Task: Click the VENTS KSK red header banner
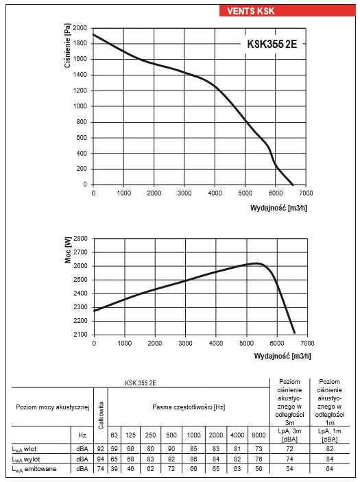287,11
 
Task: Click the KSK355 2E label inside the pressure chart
272,44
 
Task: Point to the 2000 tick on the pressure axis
80,28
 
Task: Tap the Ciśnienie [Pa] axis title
68,45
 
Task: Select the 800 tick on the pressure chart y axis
82,122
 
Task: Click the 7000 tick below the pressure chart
306,193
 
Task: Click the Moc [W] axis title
68,250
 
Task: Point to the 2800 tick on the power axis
80,239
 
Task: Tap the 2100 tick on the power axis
80,335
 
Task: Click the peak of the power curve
256,263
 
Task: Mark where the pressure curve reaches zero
293,184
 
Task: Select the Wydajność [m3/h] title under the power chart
283,356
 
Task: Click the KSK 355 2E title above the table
140,383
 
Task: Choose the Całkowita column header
101,415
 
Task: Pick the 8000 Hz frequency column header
259,435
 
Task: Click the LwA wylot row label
26,459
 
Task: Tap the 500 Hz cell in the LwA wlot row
171,449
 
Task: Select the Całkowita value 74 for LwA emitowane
101,469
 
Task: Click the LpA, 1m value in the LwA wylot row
330,459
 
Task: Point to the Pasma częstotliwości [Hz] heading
189,407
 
